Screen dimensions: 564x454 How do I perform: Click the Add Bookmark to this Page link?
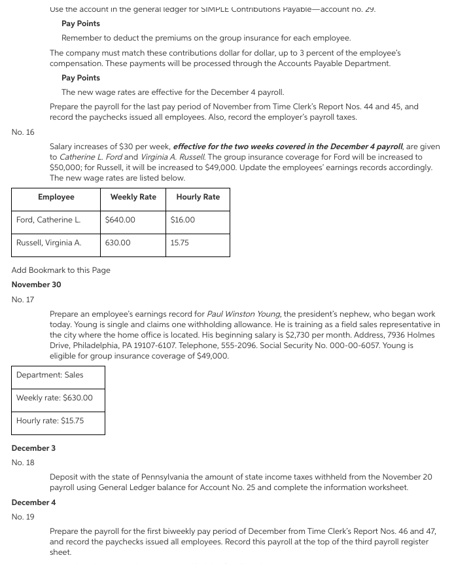[x=61, y=270]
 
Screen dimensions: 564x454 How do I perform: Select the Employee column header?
[x=56, y=197]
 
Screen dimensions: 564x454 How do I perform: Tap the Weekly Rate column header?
[x=133, y=197]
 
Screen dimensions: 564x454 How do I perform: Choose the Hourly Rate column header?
[x=198, y=197]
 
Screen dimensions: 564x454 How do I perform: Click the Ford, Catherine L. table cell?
[x=48, y=220]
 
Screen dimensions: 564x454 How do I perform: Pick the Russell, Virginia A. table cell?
[x=48, y=243]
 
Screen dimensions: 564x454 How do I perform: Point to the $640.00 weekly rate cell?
[x=120, y=220]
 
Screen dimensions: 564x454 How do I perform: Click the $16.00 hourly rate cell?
[x=183, y=220]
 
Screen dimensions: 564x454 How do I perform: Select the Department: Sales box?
[x=50, y=375]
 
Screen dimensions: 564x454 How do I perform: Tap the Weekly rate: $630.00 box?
[x=54, y=398]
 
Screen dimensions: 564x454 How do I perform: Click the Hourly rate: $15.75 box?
[x=50, y=421]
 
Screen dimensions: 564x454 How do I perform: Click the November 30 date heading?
[x=37, y=285]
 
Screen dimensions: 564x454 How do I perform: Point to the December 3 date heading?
[x=33, y=448]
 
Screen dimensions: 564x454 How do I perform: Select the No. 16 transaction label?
[x=23, y=132]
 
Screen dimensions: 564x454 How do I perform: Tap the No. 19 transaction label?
[x=23, y=517]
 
